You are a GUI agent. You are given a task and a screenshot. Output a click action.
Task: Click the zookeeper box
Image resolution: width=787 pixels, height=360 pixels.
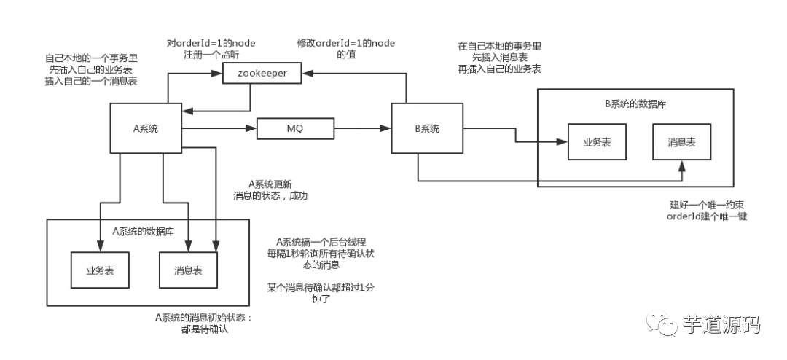click(262, 74)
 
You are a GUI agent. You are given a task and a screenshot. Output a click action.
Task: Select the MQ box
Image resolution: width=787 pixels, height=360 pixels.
click(295, 129)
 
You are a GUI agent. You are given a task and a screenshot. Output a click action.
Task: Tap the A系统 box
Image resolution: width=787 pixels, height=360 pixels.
click(145, 128)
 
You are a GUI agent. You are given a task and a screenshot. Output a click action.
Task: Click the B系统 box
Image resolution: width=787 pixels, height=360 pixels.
click(427, 128)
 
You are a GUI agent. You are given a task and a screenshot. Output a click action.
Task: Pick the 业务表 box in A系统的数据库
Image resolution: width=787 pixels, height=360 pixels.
click(99, 270)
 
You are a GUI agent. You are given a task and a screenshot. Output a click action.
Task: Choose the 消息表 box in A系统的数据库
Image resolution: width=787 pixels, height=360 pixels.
click(188, 270)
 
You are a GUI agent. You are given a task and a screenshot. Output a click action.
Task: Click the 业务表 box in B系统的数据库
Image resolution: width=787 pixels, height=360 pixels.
click(596, 142)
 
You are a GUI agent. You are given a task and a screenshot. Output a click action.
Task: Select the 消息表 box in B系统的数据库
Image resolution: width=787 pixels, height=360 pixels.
click(681, 142)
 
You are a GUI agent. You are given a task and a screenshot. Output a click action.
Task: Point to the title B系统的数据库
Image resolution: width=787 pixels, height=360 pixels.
click(635, 103)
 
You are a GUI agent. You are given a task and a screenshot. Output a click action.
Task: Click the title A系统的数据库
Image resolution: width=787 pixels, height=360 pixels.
click(143, 232)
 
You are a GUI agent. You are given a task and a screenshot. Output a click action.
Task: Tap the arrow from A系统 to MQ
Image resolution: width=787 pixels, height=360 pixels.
click(219, 129)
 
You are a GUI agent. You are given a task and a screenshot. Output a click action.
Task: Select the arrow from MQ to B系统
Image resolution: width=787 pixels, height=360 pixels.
click(362, 129)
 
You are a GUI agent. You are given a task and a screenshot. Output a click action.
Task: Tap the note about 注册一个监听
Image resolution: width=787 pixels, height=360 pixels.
click(211, 48)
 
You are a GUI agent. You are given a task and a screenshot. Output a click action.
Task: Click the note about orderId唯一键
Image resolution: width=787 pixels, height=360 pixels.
click(707, 211)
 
